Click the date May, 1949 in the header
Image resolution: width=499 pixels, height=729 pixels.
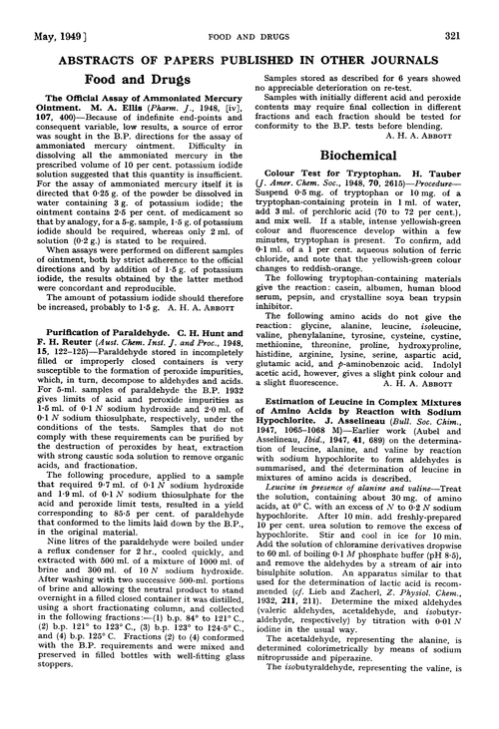click(x=39, y=11)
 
